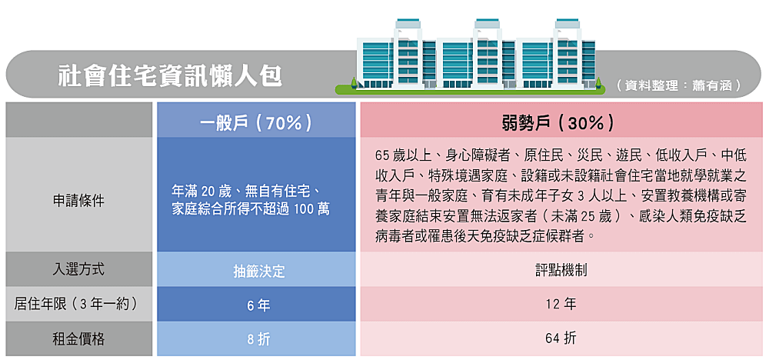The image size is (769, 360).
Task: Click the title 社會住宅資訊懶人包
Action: [170, 75]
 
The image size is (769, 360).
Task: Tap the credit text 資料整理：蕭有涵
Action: [679, 86]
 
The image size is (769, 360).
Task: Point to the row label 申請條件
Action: [79, 200]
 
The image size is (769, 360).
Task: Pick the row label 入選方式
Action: [79, 270]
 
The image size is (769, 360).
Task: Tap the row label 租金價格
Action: [79, 338]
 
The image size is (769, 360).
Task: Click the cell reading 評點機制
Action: [561, 271]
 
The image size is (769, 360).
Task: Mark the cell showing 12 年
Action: [561, 304]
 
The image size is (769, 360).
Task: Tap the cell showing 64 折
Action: [561, 338]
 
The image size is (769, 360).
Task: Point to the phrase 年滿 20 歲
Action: [202, 191]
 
